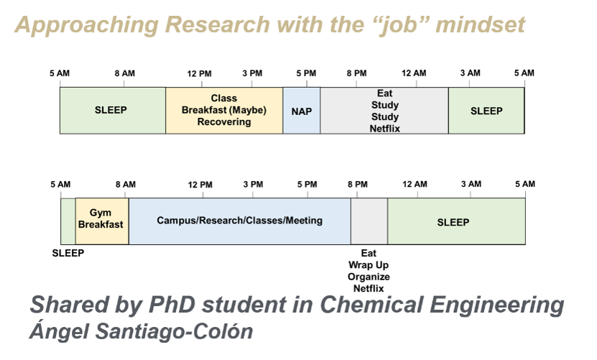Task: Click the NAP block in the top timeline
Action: pyautogui.click(x=302, y=111)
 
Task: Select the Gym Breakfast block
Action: pyautogui.click(x=102, y=221)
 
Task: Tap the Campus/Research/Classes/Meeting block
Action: pyautogui.click(x=239, y=221)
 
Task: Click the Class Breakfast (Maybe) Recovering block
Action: pyautogui.click(x=224, y=111)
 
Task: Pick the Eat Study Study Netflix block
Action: pyautogui.click(x=384, y=111)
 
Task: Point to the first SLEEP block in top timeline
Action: pyautogui.click(x=113, y=111)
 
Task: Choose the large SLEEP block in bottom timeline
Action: pyautogui.click(x=456, y=221)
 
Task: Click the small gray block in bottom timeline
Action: pyautogui.click(x=369, y=221)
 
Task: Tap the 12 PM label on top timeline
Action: pyautogui.click(x=199, y=73)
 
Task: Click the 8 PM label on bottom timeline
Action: pyautogui.click(x=358, y=185)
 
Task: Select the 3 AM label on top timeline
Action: pyautogui.click(x=471, y=73)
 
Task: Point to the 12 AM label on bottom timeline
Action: pyautogui.click(x=415, y=185)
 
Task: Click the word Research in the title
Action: pyautogui.click(x=218, y=24)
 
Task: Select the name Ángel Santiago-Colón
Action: pyautogui.click(x=142, y=331)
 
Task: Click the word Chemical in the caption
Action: pyautogui.click(x=371, y=305)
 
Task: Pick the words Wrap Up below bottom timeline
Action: pyautogui.click(x=369, y=265)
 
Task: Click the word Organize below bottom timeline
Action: pyautogui.click(x=369, y=277)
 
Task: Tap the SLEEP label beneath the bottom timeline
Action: pyautogui.click(x=68, y=253)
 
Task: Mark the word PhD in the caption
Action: pyautogui.click(x=172, y=305)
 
